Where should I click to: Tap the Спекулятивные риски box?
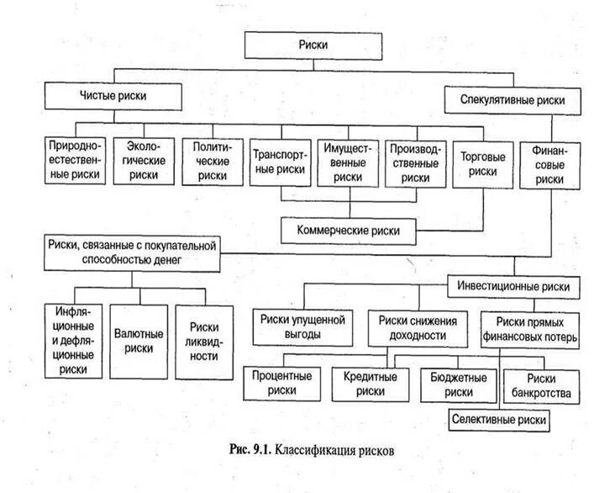[x=513, y=99]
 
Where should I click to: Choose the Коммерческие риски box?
[x=349, y=228]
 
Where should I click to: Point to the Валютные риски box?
[x=140, y=339]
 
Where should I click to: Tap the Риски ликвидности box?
[x=204, y=339]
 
